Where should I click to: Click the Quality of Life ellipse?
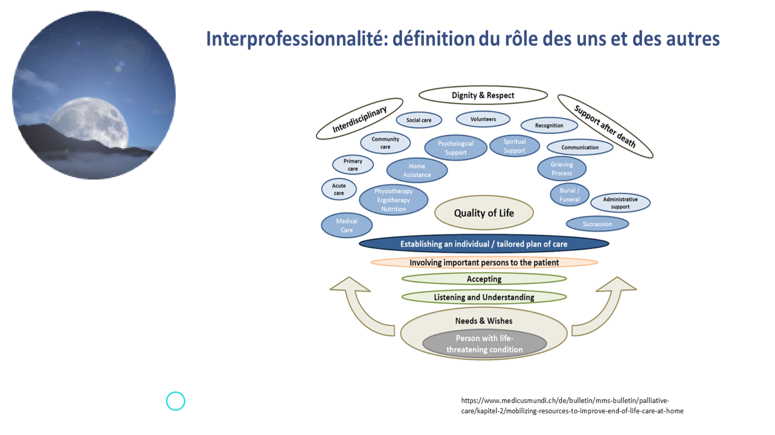[484, 213]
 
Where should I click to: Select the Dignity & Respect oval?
[483, 95]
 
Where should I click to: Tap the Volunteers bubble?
[483, 119]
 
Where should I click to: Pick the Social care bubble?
[419, 120]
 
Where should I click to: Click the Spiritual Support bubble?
[514, 146]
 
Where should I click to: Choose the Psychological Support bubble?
[455, 148]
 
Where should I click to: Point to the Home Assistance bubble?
[417, 170]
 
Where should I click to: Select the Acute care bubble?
[339, 189]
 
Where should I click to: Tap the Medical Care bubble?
[346, 225]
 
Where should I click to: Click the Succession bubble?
[597, 224]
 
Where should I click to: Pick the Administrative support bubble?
[620, 203]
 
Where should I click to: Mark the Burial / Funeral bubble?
[569, 195]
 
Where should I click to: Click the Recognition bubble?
[549, 125]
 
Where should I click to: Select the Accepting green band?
[484, 279]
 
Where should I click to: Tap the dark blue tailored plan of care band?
[484, 244]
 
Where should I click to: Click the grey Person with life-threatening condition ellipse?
[484, 344]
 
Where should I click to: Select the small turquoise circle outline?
[176, 401]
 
